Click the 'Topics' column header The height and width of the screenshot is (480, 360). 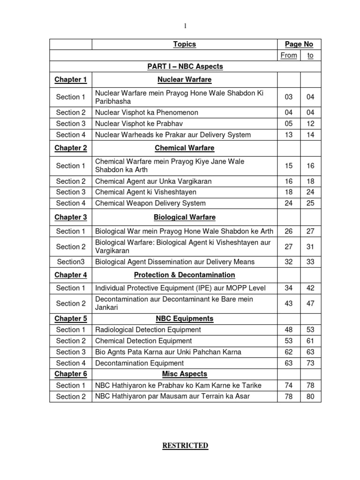pos(184,44)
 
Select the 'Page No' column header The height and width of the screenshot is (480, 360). pos(299,44)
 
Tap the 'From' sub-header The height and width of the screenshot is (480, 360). pos(288,55)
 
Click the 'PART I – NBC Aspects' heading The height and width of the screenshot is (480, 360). pos(184,67)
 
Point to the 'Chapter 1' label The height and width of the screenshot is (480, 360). pos(70,80)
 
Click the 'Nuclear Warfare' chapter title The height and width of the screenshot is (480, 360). pos(184,80)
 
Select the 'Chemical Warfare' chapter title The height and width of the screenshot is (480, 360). pos(184,148)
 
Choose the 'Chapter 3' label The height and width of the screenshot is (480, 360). pos(70,217)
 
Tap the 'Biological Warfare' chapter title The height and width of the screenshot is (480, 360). pos(184,217)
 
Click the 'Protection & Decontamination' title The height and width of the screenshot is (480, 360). pos(184,275)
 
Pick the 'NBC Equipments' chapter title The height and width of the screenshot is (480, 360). pos(184,319)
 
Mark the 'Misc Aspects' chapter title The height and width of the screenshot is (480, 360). pos(184,374)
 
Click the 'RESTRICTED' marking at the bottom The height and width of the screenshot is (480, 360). pos(185,446)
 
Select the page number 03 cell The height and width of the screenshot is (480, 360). pos(288,97)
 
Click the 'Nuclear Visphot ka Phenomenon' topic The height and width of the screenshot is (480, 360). pos(146,112)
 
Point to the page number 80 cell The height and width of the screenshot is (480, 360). pos(310,397)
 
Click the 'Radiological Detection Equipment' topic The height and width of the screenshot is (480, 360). pos(148,330)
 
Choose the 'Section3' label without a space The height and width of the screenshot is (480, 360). pos(70,262)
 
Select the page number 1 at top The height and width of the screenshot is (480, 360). pos(185,26)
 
